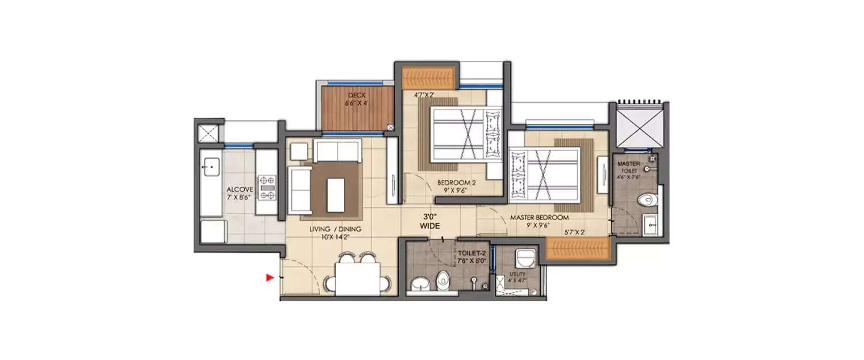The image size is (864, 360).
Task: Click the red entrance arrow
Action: click(269, 278)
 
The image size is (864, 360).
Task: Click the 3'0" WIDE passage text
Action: click(430, 222)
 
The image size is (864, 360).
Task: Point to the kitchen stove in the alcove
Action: click(267, 187)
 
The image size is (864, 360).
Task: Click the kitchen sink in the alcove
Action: click(211, 167)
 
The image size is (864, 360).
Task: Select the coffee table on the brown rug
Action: click(335, 195)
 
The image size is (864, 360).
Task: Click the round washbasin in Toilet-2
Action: click(419, 283)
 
